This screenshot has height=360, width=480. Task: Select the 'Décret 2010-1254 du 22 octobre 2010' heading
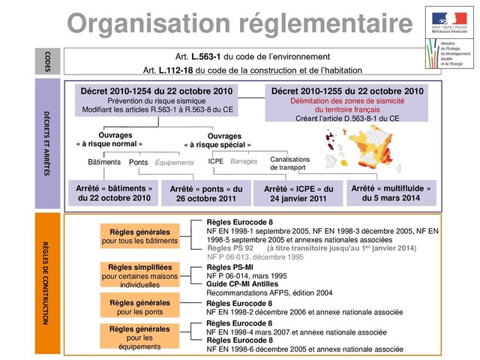click(157, 91)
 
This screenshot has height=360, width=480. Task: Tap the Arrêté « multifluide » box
click(391, 193)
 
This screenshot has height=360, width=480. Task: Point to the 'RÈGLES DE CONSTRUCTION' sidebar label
click(46, 285)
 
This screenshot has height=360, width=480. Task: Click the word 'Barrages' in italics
click(244, 160)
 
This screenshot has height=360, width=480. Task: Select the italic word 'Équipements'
click(174, 162)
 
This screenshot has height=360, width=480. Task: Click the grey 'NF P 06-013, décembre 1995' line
click(255, 256)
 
